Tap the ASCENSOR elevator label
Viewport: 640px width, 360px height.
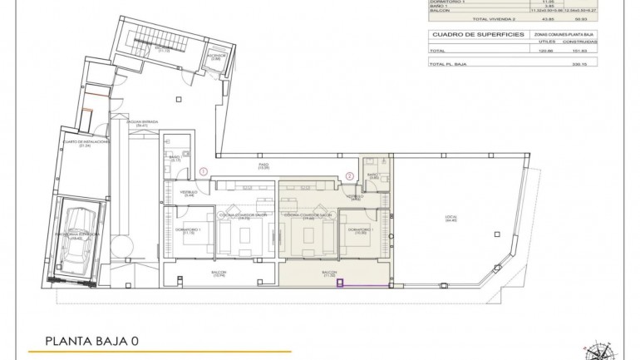(x=215, y=56)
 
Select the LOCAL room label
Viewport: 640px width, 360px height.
(x=450, y=219)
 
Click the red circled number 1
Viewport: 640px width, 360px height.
(x=203, y=172)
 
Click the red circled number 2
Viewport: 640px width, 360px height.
(x=350, y=175)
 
